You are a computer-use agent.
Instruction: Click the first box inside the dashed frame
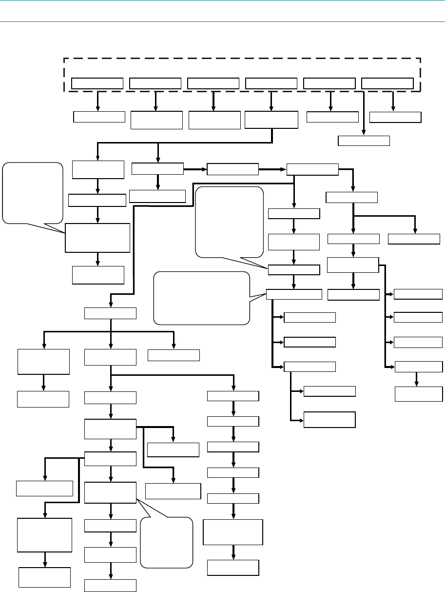coord(97,83)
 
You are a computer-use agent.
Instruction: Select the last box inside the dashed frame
coord(387,83)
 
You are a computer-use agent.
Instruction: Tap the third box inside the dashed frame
coord(213,83)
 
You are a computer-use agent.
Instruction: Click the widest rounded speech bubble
coord(202,298)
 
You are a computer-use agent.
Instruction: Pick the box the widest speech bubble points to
coord(294,294)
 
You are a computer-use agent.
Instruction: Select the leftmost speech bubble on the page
coord(33,192)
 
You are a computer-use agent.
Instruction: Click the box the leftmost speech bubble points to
coord(97,238)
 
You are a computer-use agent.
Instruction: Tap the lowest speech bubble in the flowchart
coord(167,543)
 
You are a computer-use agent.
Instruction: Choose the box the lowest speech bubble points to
coord(110,492)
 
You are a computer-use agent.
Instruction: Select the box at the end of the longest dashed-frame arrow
coord(364,141)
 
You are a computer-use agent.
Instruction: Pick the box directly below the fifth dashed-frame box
coord(332,117)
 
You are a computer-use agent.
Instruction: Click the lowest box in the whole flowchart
coord(110,585)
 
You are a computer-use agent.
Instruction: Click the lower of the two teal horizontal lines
coord(222,21)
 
